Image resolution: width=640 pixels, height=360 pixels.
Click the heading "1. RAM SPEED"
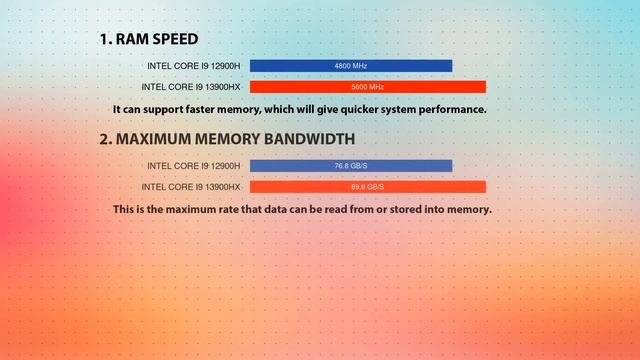148,40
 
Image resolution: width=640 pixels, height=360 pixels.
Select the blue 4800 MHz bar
351,66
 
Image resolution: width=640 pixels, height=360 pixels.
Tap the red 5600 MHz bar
367,87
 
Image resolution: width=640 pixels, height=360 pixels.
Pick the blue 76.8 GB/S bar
351,166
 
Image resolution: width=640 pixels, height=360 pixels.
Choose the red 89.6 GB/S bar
367,187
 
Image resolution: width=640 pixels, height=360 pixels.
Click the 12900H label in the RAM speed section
193,66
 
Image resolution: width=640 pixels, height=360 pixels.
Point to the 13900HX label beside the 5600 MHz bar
191,87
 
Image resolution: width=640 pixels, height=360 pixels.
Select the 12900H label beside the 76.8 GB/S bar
193,166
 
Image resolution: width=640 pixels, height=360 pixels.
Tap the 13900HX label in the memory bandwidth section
191,187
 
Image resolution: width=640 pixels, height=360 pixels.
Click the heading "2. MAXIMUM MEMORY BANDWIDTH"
226,139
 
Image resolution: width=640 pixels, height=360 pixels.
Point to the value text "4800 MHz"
351,66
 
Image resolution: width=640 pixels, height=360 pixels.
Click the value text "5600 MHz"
367,87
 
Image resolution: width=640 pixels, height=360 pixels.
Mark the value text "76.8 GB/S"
351,166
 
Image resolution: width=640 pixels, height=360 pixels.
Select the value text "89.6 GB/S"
367,187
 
